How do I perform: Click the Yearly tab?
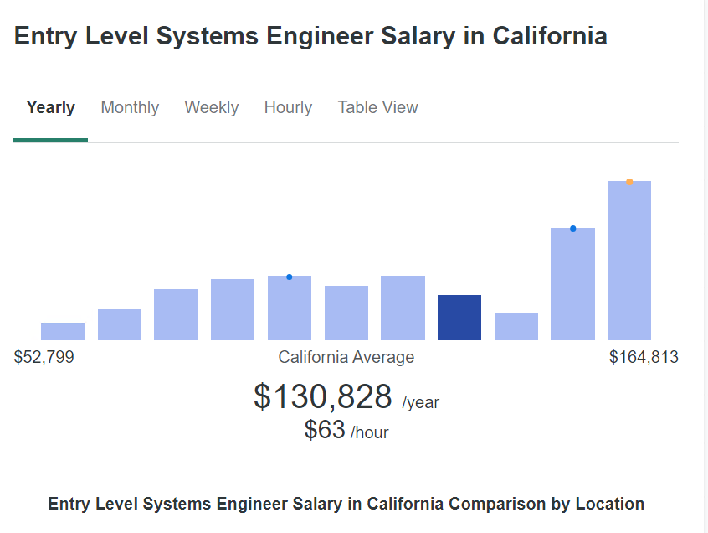tap(50, 108)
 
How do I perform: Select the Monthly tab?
tap(130, 108)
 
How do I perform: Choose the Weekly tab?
tap(212, 108)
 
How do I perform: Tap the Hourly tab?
tap(288, 108)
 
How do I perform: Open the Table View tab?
tap(377, 108)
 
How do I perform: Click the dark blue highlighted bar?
tap(459, 318)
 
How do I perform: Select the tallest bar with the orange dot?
tap(629, 261)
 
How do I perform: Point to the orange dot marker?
tap(629, 182)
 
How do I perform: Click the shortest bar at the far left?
tap(63, 331)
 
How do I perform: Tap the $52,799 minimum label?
tap(44, 358)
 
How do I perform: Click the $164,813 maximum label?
tap(644, 358)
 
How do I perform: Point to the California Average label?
tap(346, 358)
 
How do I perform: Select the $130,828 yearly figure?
tap(323, 396)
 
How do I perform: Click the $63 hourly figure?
tap(326, 430)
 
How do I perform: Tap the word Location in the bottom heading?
tap(610, 505)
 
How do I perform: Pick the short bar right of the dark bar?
tap(516, 326)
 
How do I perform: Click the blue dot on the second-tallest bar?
tap(573, 229)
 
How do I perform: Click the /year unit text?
tap(421, 403)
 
